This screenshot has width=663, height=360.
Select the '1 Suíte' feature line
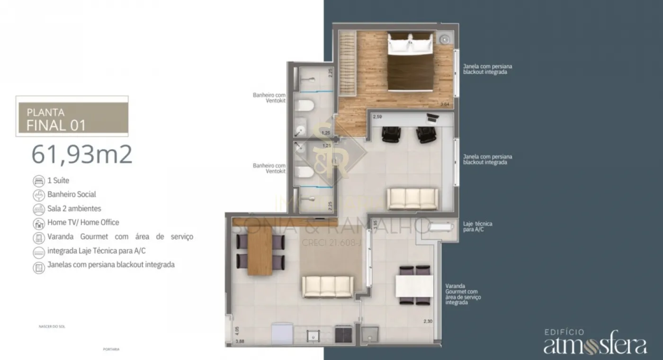[x=58, y=180]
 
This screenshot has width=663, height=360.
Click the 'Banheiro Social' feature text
[x=72, y=194]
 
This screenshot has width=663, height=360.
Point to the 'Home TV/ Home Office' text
[x=83, y=222]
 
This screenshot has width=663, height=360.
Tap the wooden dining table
[x=259, y=251]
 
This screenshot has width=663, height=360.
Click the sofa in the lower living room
[x=328, y=287]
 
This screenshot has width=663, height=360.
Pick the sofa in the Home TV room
[x=413, y=198]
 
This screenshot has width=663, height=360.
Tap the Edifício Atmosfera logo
[x=595, y=342]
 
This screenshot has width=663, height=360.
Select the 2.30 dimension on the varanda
[x=428, y=322]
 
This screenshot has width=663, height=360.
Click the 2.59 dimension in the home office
[x=377, y=117]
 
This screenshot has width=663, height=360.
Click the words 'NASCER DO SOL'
[x=52, y=326]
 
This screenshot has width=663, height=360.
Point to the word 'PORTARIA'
[x=111, y=349]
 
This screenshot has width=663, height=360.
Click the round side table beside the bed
[x=445, y=39]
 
